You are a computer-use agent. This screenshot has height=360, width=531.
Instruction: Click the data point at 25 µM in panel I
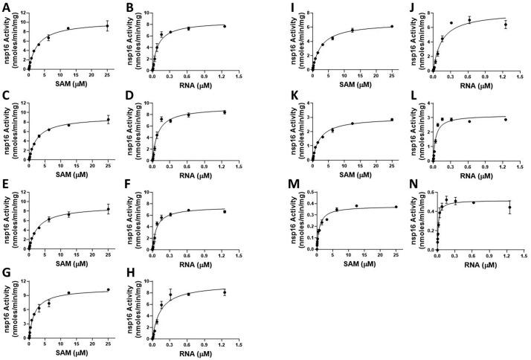pos(391,27)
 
